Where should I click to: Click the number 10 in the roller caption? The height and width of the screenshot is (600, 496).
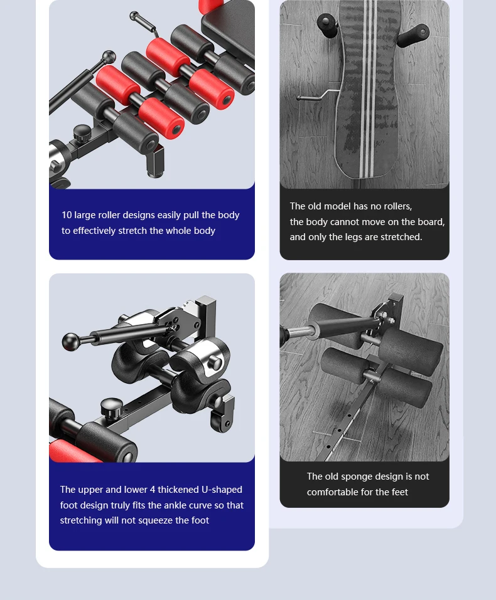(67, 215)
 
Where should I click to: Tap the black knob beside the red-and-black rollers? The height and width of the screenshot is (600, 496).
(82, 132)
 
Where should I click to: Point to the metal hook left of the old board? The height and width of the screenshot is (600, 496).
(311, 97)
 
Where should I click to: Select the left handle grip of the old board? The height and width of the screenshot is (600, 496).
(327, 24)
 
